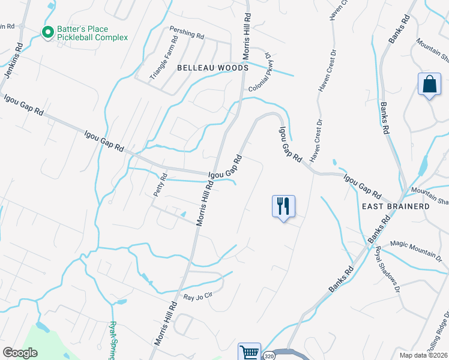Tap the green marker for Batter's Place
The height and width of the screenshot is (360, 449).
46,32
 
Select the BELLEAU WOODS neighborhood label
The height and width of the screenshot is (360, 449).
212,68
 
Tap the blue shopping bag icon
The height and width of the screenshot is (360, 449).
430,85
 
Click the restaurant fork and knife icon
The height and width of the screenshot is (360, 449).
283,206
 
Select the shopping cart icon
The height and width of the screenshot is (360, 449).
249,352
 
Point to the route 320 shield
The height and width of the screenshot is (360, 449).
270,356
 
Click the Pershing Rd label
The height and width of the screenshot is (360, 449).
187,32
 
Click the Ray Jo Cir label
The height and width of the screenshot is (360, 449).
198,296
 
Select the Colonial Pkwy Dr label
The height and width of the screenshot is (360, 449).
262,76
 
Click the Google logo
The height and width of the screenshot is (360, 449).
20,352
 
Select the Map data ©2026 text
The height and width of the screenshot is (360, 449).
424,355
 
